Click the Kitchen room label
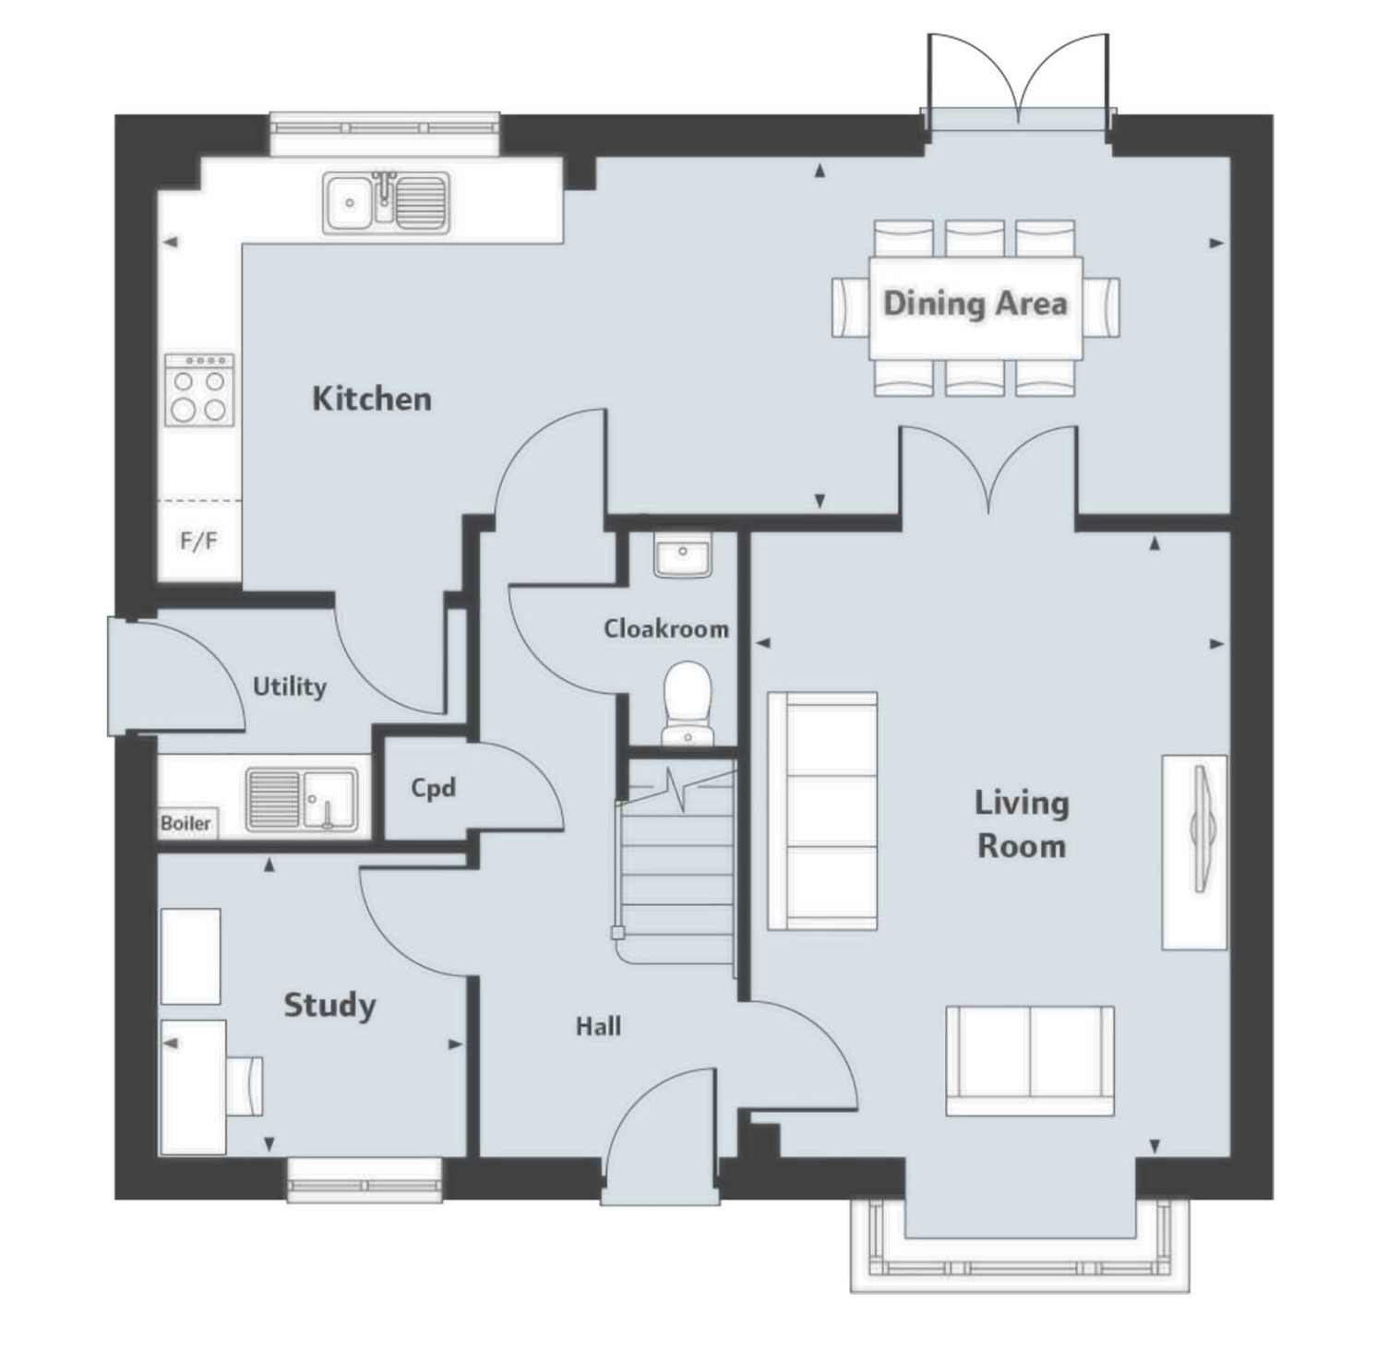click(x=372, y=399)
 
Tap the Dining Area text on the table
click(x=975, y=304)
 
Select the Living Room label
click(x=1022, y=824)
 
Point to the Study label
click(x=329, y=1005)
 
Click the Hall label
click(x=598, y=1026)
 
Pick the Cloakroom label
click(x=665, y=629)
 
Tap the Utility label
click(x=289, y=686)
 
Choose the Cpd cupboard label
click(x=433, y=788)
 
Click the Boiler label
click(x=185, y=823)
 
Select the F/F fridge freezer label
click(x=198, y=541)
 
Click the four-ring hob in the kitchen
click(x=199, y=390)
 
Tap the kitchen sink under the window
click(x=387, y=201)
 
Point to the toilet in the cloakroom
click(x=688, y=701)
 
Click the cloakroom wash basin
click(x=682, y=555)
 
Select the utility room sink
click(x=302, y=799)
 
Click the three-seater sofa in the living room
click(x=822, y=811)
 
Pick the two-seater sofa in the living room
click(x=1029, y=1060)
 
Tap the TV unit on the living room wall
click(x=1194, y=852)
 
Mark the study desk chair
click(x=245, y=1084)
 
